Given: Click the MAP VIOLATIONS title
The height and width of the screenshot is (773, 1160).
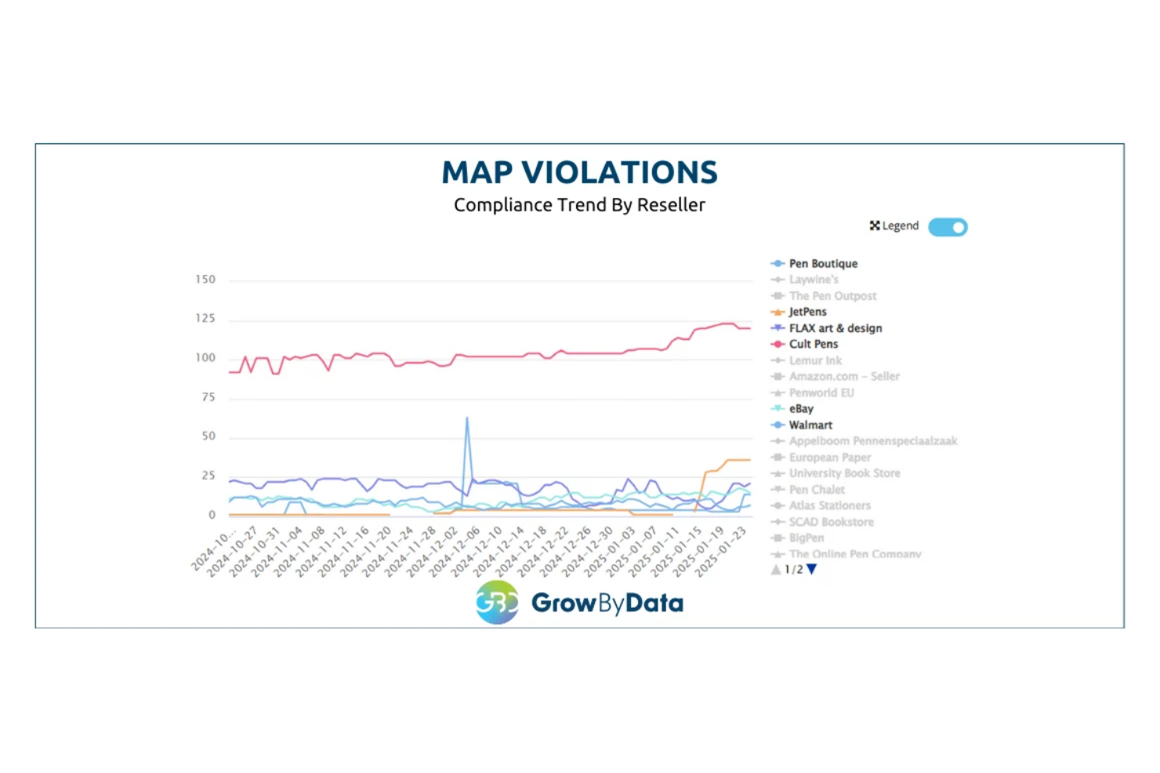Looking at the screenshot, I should coord(579,172).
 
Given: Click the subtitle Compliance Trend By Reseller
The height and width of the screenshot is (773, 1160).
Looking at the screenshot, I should coord(579,205).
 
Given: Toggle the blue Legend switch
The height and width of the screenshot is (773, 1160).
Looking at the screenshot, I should coord(948,227).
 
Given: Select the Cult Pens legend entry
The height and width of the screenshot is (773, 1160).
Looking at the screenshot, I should coord(813,344).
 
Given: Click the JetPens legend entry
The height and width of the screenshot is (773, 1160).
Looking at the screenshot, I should coord(807,312).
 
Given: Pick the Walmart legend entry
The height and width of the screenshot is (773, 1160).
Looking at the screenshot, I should coord(810,424).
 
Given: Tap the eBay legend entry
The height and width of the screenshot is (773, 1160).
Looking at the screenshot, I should coord(801,409).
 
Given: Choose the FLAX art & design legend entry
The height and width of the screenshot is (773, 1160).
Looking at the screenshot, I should coord(835,328).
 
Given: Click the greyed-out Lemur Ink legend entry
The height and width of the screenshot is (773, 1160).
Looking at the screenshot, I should coord(815,360).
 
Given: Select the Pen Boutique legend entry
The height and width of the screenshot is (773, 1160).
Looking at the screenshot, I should coord(823,264).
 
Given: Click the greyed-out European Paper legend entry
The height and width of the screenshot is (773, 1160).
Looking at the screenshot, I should coord(829,457).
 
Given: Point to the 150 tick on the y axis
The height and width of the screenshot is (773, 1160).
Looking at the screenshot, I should coord(205,280).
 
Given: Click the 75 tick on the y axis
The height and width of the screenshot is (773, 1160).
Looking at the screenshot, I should coord(208,397).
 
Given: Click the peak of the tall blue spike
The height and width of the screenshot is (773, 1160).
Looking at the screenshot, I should coord(467,418).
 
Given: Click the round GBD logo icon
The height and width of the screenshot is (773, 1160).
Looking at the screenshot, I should coord(497,602).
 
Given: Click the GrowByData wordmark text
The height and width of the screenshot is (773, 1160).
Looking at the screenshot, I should coord(607,602).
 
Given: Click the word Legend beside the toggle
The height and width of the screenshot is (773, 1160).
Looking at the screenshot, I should coord(900,226).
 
